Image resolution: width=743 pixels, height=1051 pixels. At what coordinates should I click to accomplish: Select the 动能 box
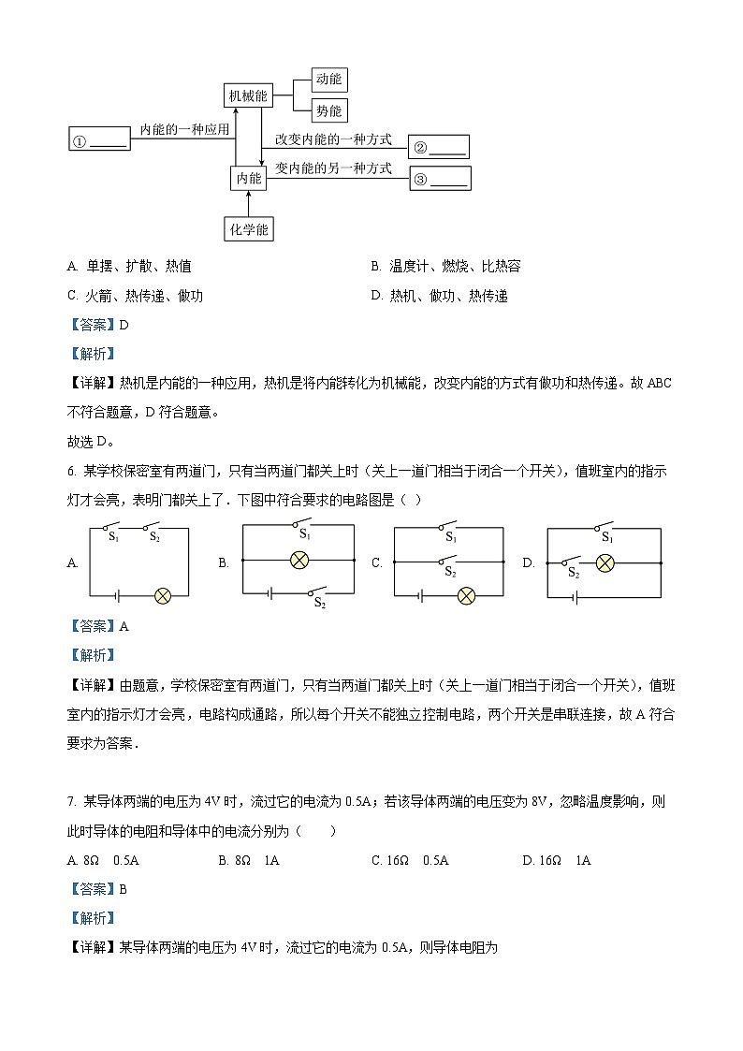328,80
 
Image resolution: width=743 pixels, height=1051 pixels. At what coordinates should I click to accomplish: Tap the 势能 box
328,110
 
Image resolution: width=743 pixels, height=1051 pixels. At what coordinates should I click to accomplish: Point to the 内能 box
248,178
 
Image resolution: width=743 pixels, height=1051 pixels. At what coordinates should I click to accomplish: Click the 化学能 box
249,227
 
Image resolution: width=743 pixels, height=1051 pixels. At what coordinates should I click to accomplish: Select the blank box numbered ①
99,141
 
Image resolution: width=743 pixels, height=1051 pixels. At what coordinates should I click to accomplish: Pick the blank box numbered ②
439,148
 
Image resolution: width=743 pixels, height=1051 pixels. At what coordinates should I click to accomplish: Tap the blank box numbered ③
439,179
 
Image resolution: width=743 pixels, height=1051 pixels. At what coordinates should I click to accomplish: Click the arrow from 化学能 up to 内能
249,203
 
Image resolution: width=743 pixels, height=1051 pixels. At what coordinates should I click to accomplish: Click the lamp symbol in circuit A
163,595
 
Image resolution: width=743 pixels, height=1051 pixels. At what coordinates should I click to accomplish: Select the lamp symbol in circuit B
299,560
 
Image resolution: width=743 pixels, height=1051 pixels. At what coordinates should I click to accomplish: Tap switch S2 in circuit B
318,592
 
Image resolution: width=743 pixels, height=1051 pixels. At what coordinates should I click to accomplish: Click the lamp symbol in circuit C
466,595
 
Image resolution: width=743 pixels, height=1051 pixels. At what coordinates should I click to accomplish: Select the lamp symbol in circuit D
605,562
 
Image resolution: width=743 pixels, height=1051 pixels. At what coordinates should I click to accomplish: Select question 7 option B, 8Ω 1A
256,860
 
